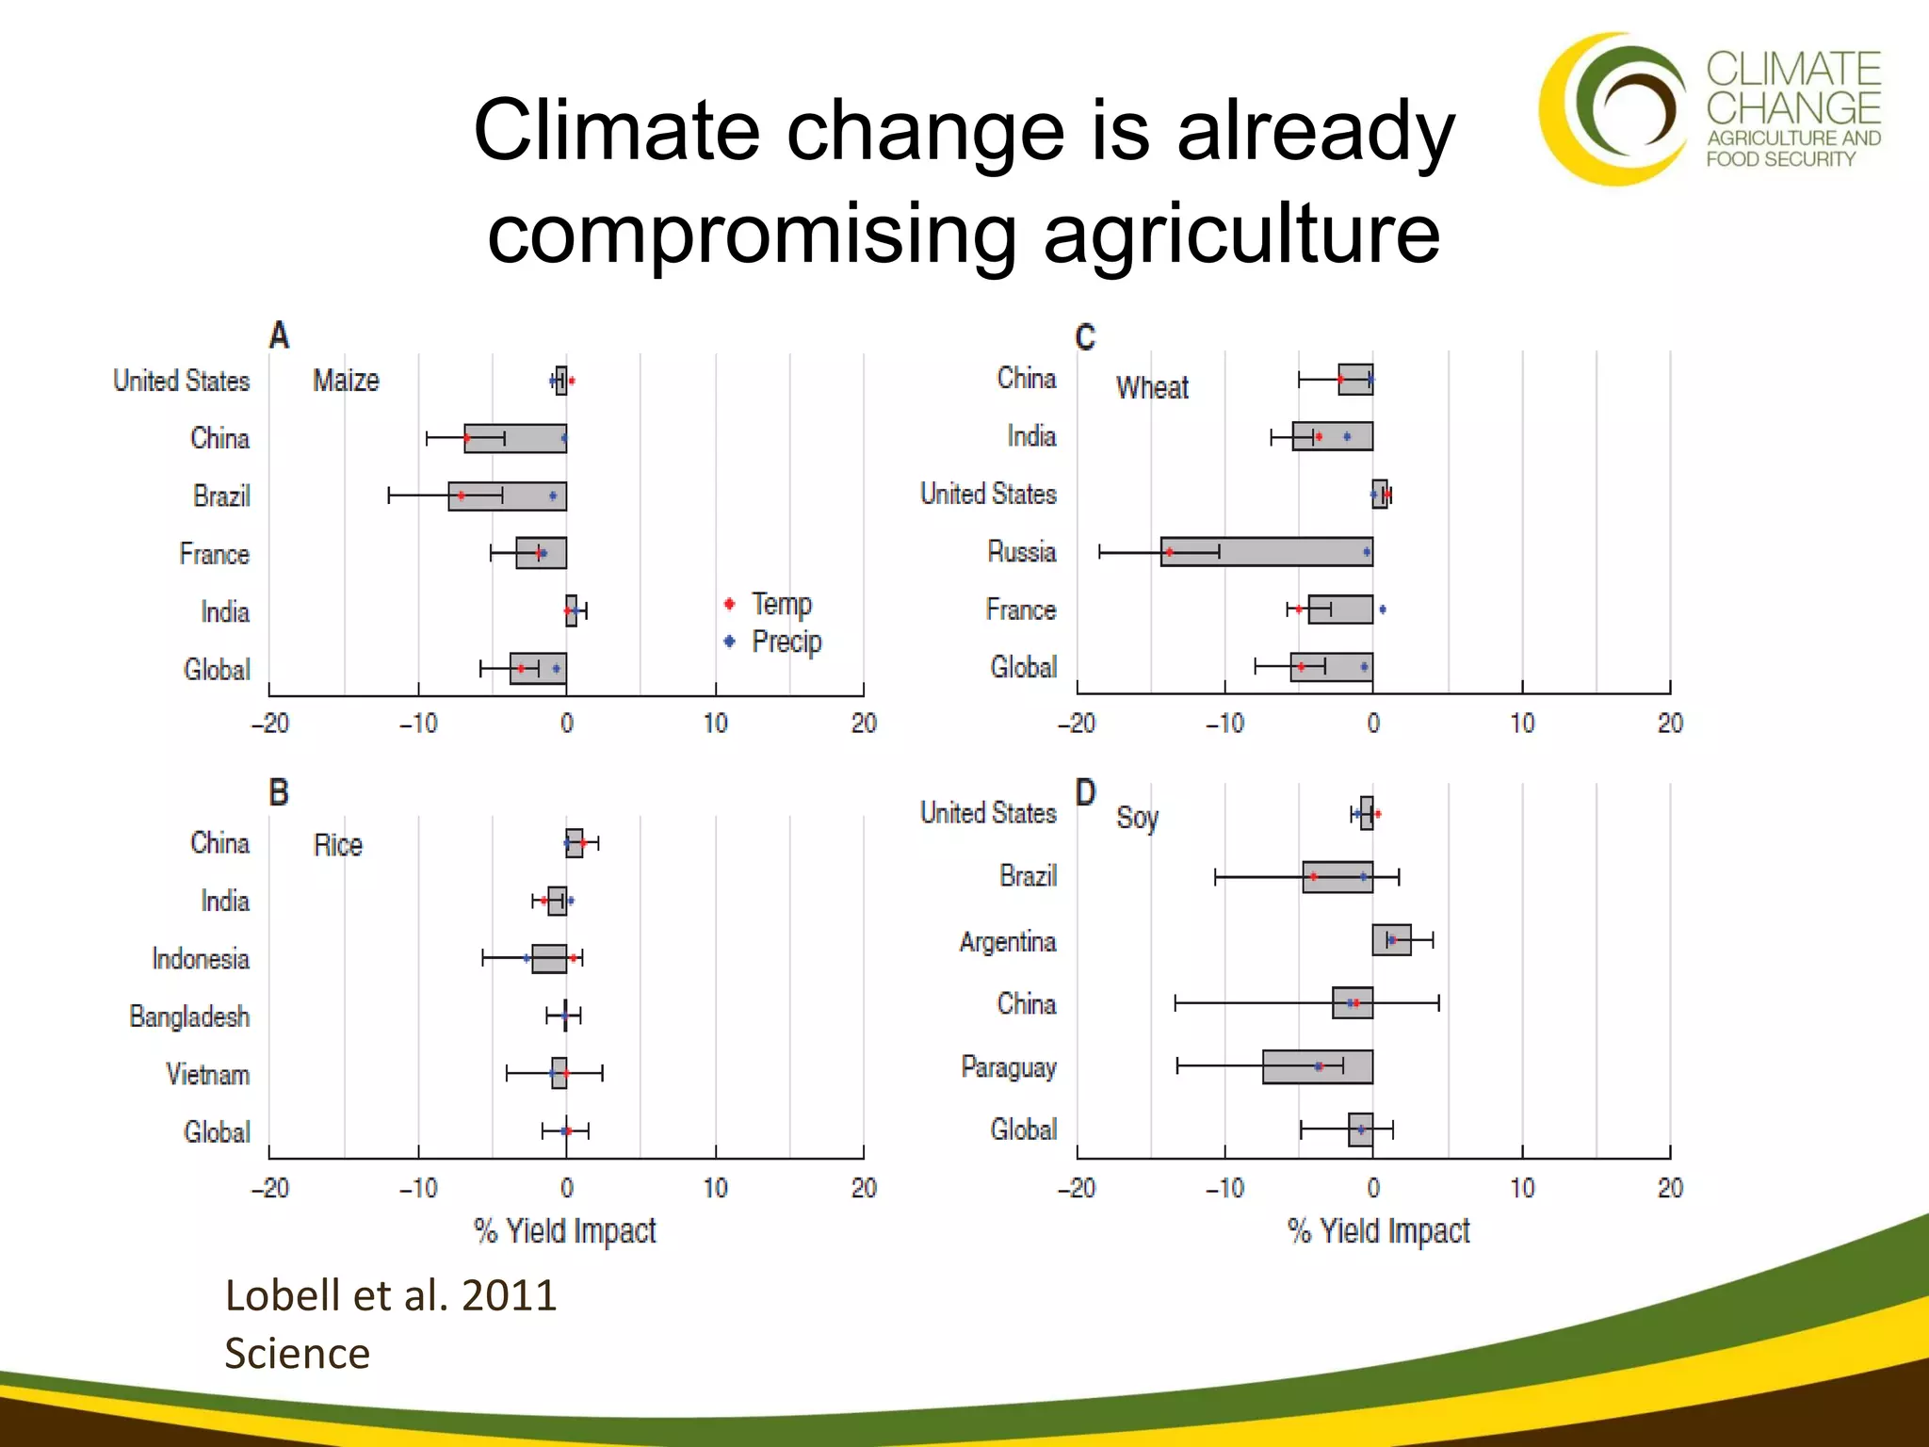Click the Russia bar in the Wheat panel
(1266, 552)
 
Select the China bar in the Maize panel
(515, 438)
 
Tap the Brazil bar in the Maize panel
(507, 496)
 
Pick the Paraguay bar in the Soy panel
(1317, 1066)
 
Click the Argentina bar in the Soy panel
(1391, 940)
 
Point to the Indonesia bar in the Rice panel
(549, 959)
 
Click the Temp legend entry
(780, 603)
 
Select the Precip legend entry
(786, 642)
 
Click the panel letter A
(279, 335)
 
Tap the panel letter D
(1085, 792)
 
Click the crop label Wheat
(1152, 387)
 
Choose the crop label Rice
(337, 845)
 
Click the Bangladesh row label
(189, 1016)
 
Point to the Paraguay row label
(1008, 1066)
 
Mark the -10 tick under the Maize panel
(418, 723)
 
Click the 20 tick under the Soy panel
(1669, 1188)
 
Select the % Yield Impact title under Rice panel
(564, 1230)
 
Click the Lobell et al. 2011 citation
(390, 1295)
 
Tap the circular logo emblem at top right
(1613, 108)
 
